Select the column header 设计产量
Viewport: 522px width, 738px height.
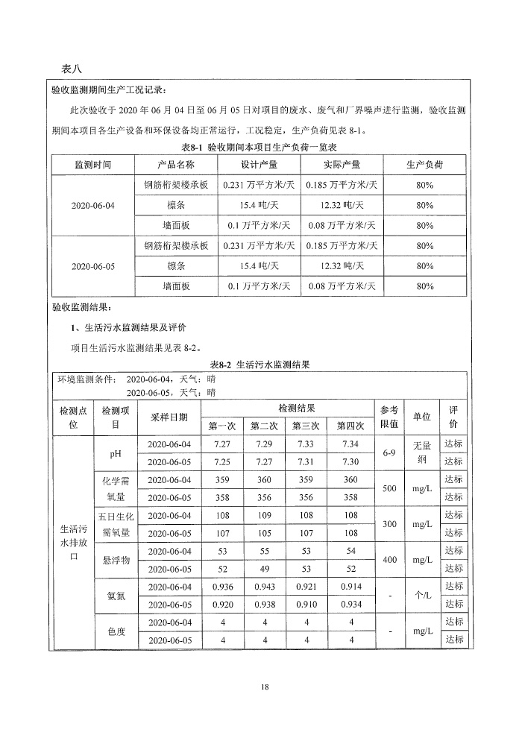[260, 165]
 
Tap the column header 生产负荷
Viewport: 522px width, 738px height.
[425, 165]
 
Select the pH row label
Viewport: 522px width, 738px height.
[116, 452]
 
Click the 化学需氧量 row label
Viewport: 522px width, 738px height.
[116, 488]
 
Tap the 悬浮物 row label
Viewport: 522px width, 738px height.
[116, 559]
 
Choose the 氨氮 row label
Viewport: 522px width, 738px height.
[116, 595]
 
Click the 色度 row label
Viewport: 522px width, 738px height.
[116, 631]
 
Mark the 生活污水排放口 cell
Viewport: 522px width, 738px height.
[74, 542]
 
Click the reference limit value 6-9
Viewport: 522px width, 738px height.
[389, 452]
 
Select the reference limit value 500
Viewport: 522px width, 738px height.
[389, 488]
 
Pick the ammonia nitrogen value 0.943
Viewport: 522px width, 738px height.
[265, 586]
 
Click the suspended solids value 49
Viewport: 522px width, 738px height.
[265, 568]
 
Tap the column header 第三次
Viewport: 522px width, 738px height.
[306, 426]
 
